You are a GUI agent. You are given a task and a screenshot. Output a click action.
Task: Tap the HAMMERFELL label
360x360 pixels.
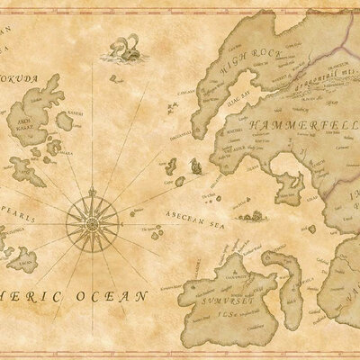pyautogui.click(x=281, y=123)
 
